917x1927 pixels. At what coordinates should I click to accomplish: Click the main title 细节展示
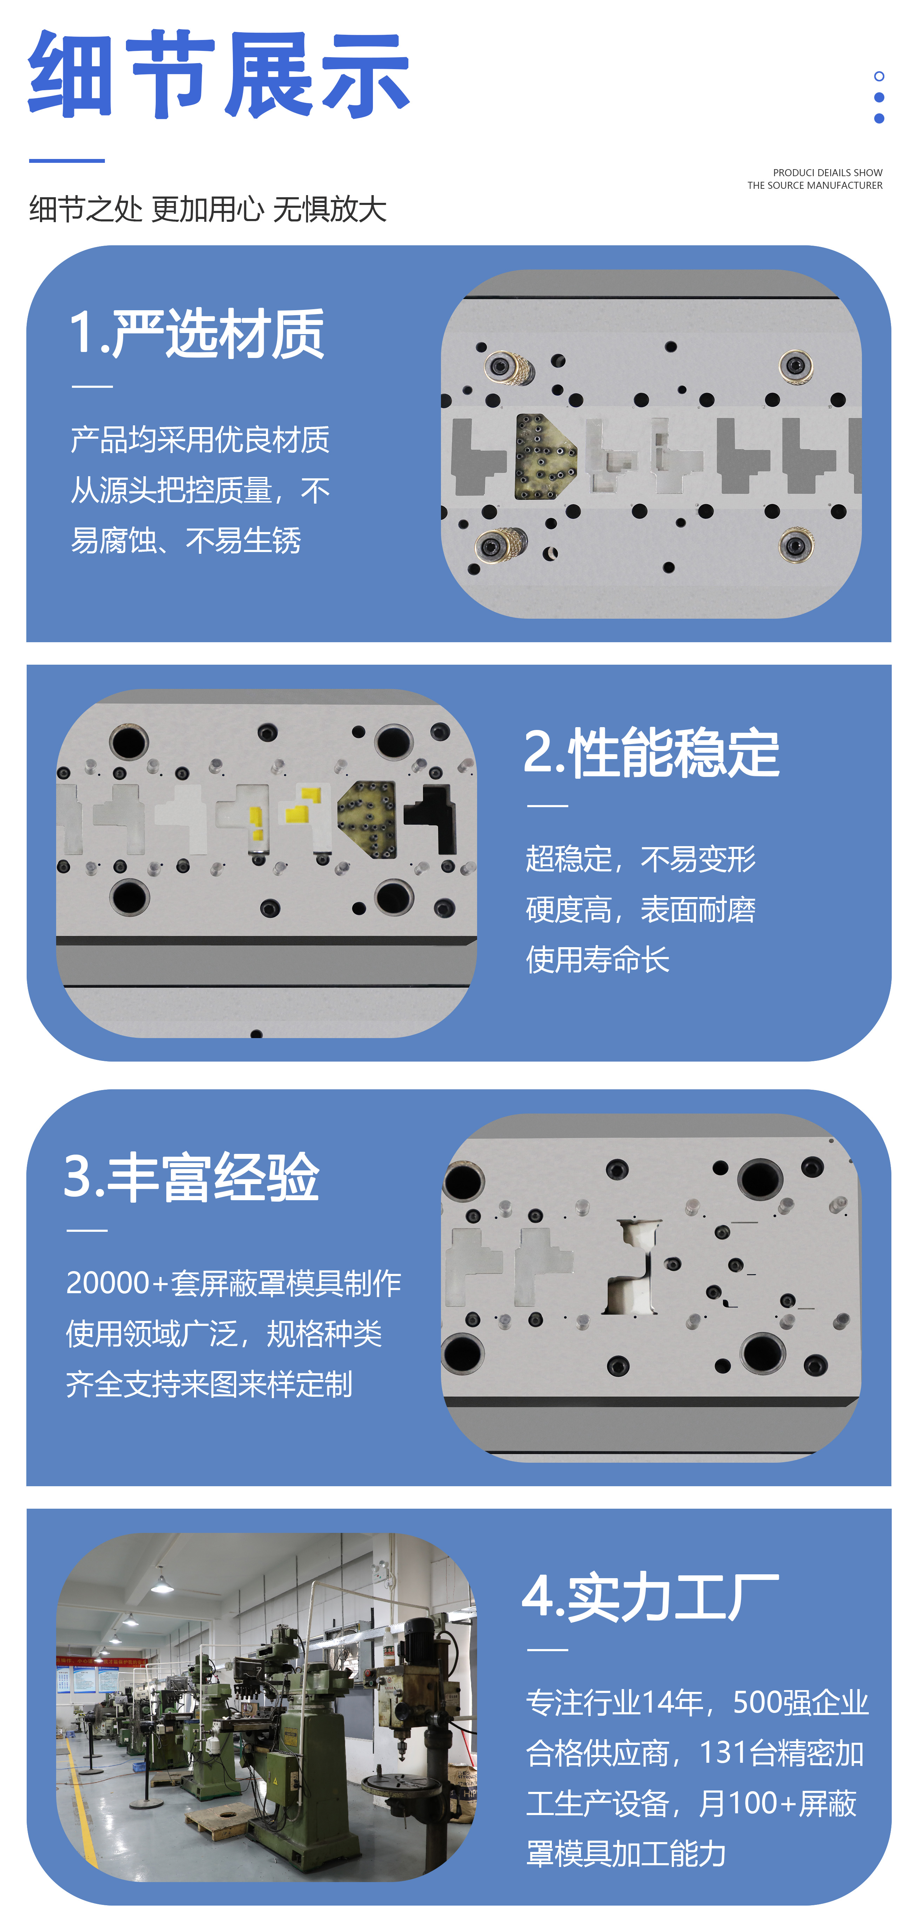click(x=219, y=75)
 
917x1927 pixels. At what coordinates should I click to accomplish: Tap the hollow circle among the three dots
click(x=879, y=76)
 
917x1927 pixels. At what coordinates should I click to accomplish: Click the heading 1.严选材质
click(x=196, y=334)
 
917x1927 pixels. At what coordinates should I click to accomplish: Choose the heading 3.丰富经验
click(x=192, y=1177)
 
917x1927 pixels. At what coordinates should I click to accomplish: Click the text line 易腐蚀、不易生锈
click(x=186, y=540)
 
